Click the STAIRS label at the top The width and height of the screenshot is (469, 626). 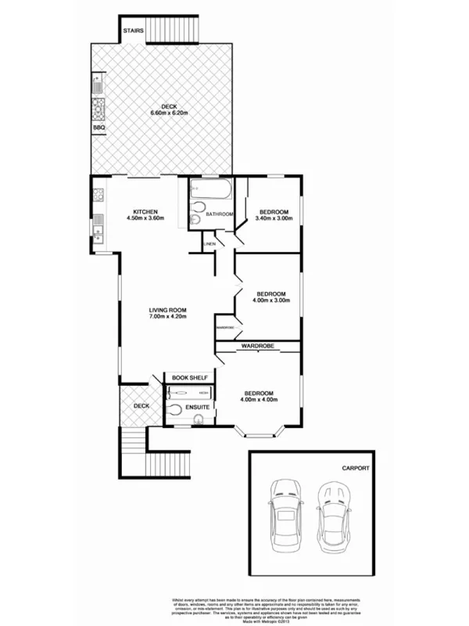point(133,31)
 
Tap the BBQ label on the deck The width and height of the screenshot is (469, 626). point(98,127)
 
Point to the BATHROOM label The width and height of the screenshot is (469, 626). point(220,214)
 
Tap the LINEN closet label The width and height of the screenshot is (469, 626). point(209,245)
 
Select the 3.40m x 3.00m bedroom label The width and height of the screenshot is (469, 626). point(274,216)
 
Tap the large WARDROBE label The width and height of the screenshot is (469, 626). point(256,346)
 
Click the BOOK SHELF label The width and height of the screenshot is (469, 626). point(189,378)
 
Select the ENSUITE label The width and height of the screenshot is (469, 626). point(195,407)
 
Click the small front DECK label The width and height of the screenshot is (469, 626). point(141,405)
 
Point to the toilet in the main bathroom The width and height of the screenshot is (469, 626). point(196,221)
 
